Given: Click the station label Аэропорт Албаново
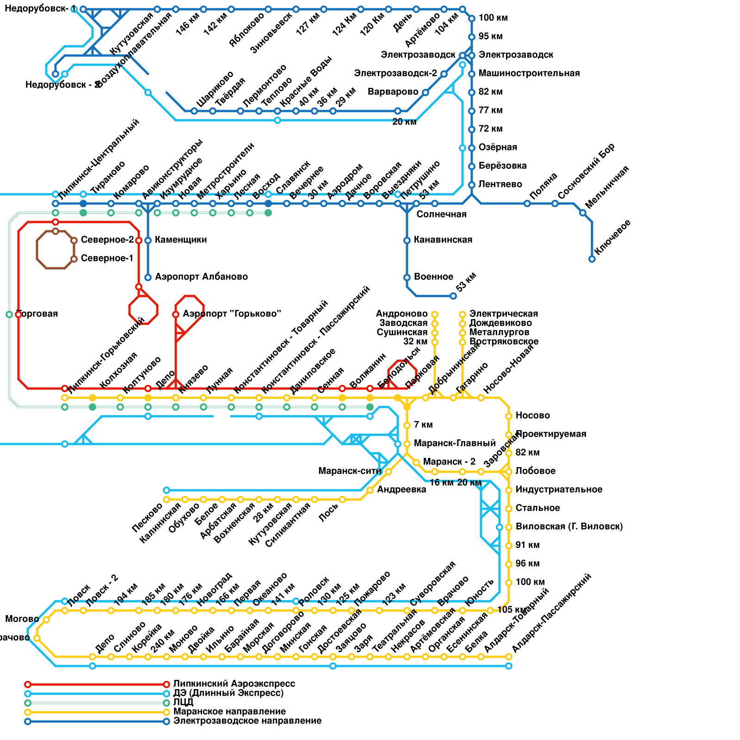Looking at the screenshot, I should [201, 277].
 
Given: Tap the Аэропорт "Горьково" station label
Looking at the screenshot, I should [232, 314].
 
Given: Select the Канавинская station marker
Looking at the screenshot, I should [407, 240].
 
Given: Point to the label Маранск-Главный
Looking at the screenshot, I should [455, 444].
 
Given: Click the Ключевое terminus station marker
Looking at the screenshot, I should [592, 259].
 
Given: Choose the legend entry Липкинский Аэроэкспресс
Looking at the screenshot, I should [234, 684].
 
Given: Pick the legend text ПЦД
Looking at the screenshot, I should [183, 703].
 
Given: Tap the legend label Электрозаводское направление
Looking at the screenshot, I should [247, 721].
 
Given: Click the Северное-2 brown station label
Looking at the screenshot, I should [107, 240].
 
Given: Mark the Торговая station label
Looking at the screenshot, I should [38, 314].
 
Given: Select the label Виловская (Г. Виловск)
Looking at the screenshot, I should [569, 527].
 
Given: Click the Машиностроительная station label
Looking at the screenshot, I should [529, 74].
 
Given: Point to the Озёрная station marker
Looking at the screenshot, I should [472, 148].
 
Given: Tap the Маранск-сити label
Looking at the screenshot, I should [350, 471].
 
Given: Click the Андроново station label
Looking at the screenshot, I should [401, 314].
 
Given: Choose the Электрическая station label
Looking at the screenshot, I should [504, 314].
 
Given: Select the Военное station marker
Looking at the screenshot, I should [407, 277].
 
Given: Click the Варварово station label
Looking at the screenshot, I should [393, 92].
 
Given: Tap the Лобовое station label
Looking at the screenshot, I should [536, 471].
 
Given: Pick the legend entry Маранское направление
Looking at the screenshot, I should [229, 712].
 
